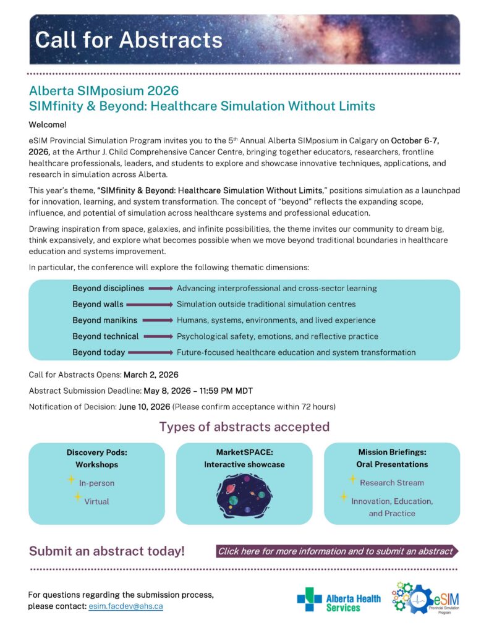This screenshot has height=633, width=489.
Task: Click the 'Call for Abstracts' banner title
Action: tap(129, 40)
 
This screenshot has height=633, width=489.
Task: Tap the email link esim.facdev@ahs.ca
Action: tap(130, 606)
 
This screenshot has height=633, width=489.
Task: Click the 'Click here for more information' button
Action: tap(336, 551)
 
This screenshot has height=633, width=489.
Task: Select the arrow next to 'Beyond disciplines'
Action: tap(160, 288)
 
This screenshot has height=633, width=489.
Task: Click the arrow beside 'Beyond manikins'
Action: tap(157, 320)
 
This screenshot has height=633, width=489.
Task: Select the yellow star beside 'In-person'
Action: tap(71, 480)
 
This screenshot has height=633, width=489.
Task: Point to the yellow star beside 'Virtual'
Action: tap(77, 497)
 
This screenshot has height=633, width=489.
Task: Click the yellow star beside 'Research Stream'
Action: tap(352, 479)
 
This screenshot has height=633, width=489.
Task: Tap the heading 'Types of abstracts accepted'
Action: tap(244, 427)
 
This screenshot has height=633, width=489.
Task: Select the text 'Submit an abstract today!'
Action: tap(107, 551)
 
